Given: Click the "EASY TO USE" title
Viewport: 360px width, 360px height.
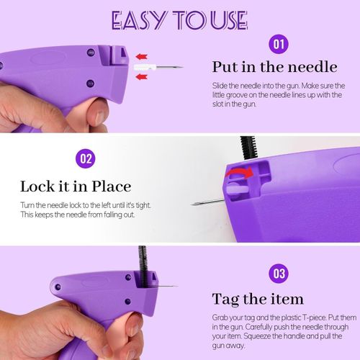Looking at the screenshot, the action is coord(179,20).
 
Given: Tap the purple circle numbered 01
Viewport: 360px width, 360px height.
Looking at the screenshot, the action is coord(279,44).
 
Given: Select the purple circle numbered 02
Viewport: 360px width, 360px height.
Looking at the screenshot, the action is coord(86,158).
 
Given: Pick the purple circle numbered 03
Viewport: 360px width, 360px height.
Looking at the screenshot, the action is coord(279,274).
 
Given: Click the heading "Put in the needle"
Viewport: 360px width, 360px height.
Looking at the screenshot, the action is coord(275,67).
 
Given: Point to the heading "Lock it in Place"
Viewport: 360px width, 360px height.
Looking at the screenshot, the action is coord(76,186).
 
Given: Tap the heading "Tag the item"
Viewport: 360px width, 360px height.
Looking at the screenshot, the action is coord(258,300).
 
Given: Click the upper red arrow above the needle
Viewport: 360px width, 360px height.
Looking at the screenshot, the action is coord(142,57).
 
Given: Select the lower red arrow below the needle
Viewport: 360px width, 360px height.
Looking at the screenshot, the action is coord(142,77).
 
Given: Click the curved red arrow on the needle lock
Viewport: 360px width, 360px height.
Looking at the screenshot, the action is coord(240,172).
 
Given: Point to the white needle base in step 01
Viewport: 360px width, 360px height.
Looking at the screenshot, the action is coord(145,68).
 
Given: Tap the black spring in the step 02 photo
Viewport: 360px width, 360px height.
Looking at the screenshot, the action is coord(248,148).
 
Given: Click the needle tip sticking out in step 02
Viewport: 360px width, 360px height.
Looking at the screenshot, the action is coord(192,204).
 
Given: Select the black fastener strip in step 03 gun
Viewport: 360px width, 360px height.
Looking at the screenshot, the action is coord(143,266).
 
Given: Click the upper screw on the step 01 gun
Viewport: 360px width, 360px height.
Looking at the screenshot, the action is coord(91,52).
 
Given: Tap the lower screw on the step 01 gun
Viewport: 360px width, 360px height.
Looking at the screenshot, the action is coord(90,84).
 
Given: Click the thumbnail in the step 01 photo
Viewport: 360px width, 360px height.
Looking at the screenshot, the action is coord(98,117).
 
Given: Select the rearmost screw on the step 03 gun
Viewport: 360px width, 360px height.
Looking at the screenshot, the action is coord(58,287).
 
